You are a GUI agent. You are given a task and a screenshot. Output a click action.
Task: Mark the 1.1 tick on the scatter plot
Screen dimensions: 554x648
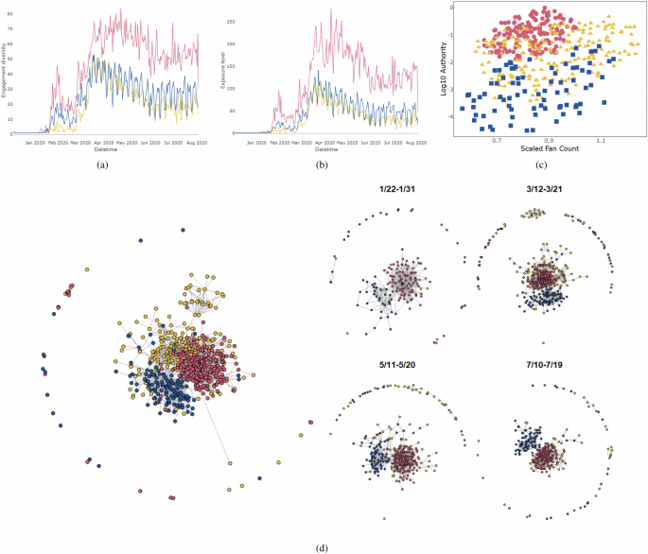pyautogui.click(x=602, y=139)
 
